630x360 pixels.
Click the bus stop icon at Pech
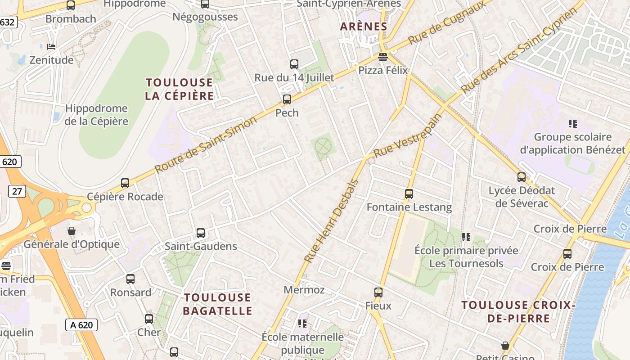point(287,99)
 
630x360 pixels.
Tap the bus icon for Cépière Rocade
point(125,183)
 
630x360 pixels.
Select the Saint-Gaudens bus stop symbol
point(201,233)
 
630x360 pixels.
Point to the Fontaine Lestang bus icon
point(409,194)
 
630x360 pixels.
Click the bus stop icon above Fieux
point(378,292)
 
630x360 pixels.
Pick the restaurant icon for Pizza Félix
point(383,57)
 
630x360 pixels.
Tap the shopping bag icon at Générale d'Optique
point(72,231)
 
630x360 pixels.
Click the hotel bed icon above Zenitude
point(51,47)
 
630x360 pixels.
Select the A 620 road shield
point(81,324)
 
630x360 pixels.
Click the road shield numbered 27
point(17,191)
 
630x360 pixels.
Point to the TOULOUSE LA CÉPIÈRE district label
point(179,89)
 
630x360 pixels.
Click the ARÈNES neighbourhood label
point(364,27)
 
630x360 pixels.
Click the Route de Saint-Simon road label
point(206,144)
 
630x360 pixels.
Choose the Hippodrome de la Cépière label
point(96,115)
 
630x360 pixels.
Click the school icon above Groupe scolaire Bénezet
point(572,123)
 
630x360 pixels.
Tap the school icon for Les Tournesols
point(466,237)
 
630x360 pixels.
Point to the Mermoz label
point(304,290)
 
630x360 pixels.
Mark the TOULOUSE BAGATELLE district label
point(218,304)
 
